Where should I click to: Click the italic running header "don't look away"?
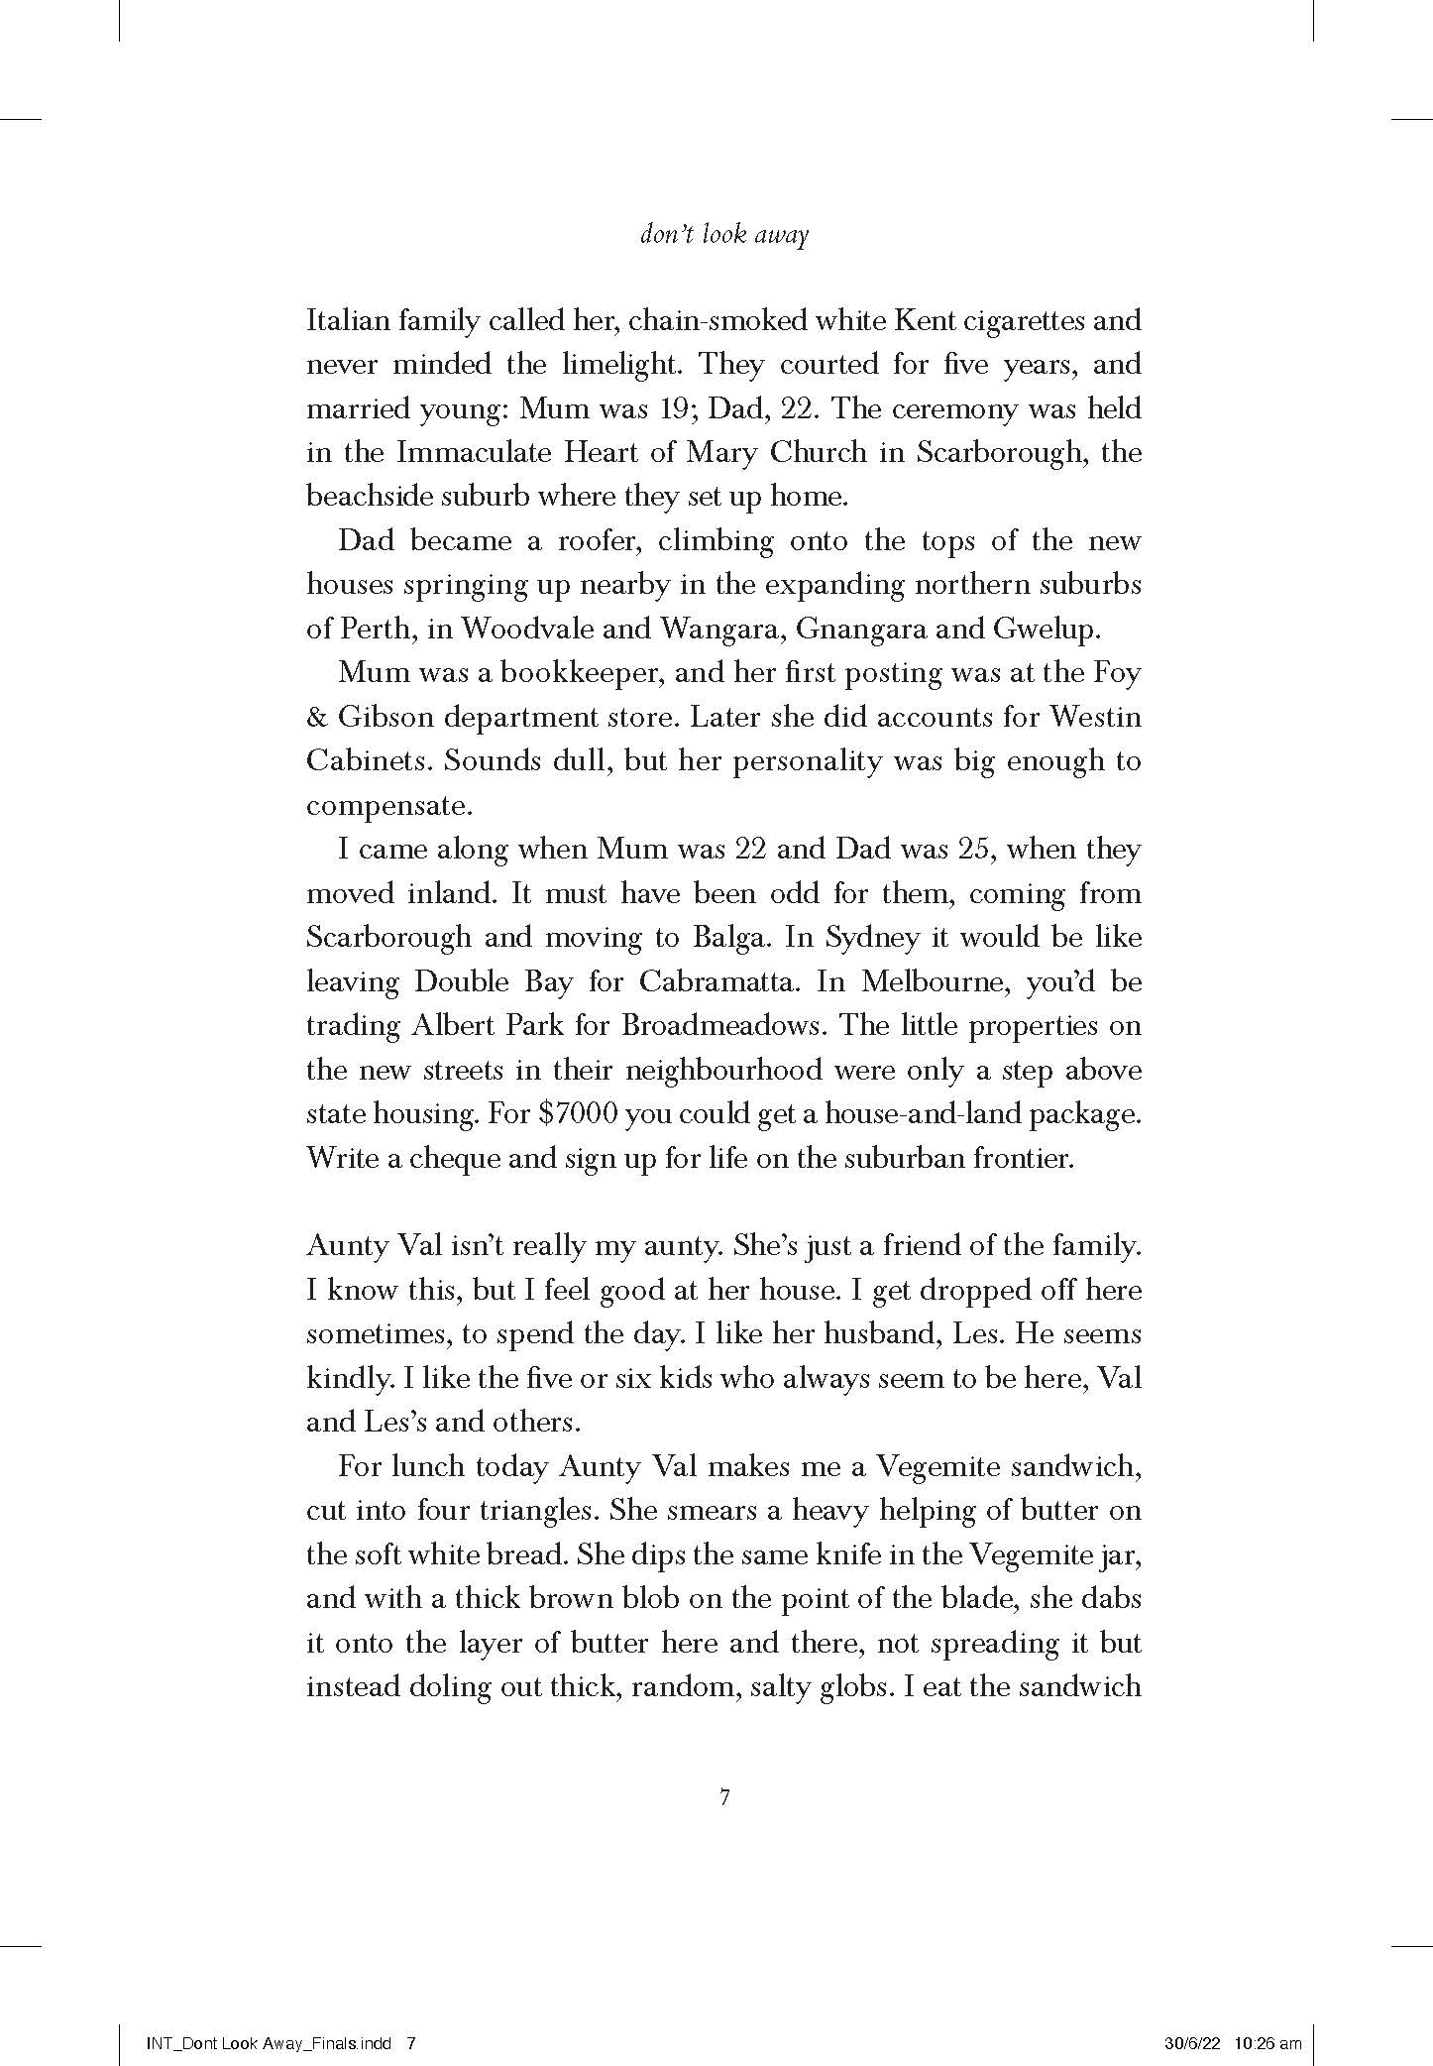(724, 236)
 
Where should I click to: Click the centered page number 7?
(724, 1797)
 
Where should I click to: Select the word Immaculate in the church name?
(473, 452)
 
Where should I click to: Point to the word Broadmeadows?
(721, 1025)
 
